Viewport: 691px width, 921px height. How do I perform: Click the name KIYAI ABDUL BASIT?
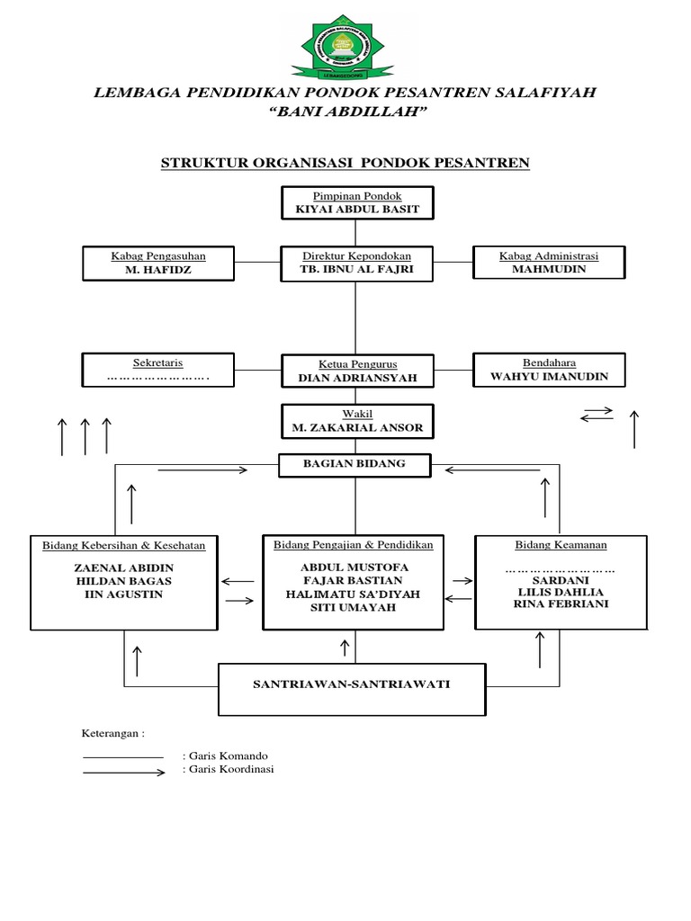[357, 209]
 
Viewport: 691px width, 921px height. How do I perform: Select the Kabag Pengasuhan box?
[158, 262]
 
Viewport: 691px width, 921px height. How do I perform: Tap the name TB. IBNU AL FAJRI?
[357, 269]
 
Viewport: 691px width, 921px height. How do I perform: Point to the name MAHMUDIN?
[549, 269]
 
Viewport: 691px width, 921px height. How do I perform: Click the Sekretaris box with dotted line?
[158, 370]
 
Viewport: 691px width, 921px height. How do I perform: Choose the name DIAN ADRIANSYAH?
[357, 379]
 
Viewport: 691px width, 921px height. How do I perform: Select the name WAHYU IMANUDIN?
[549, 377]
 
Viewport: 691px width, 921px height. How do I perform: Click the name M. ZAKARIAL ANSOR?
[357, 427]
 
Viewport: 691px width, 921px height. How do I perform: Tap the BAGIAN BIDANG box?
[354, 464]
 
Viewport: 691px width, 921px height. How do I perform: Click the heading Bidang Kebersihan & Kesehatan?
[124, 546]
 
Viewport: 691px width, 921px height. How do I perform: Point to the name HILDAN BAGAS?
[124, 581]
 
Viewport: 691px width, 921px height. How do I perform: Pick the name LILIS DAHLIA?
[560, 591]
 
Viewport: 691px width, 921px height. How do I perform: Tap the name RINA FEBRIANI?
[560, 604]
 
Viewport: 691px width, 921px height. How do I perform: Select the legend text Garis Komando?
[225, 756]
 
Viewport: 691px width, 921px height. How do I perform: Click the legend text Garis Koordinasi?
[229, 770]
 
